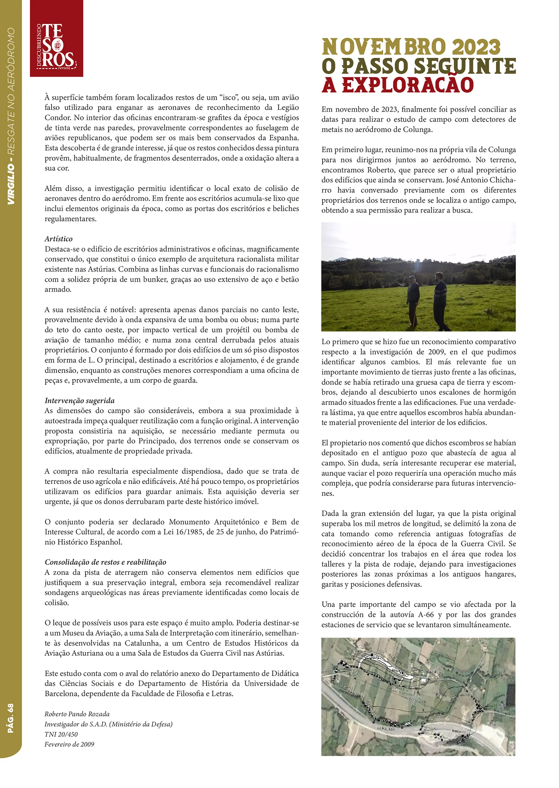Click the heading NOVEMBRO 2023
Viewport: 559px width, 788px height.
[x=411, y=47]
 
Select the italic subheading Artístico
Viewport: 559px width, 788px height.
[x=59, y=239]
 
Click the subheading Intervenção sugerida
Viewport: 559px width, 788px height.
[x=80, y=401]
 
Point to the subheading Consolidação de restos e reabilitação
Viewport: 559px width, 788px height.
[x=105, y=562]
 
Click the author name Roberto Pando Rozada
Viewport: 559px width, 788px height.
[x=77, y=714]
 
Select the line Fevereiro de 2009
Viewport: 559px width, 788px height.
[x=69, y=744]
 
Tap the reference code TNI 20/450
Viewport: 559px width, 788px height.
[x=61, y=734]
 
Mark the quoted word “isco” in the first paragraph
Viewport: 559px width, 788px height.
[x=228, y=98]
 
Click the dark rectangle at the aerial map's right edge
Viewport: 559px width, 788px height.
[x=510, y=695]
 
